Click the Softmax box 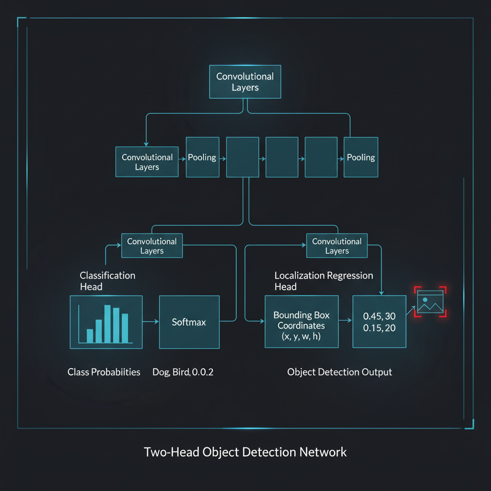[189, 322]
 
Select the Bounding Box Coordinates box [302, 322]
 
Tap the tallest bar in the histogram [107, 324]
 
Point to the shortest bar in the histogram [90, 336]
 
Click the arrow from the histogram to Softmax [151, 321]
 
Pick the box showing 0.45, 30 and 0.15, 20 [379, 322]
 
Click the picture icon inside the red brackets [430, 302]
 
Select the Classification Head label [107, 281]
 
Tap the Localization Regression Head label [324, 281]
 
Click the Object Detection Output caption [339, 372]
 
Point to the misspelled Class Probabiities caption [104, 372]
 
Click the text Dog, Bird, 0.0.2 [183, 372]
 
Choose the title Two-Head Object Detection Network [245, 452]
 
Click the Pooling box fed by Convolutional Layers [203, 157]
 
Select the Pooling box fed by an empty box [361, 157]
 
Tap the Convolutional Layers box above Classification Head [152, 246]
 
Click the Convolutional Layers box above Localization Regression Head [337, 246]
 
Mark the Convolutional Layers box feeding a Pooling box [147, 162]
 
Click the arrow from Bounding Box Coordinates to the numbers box [345, 320]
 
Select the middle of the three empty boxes [282, 157]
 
